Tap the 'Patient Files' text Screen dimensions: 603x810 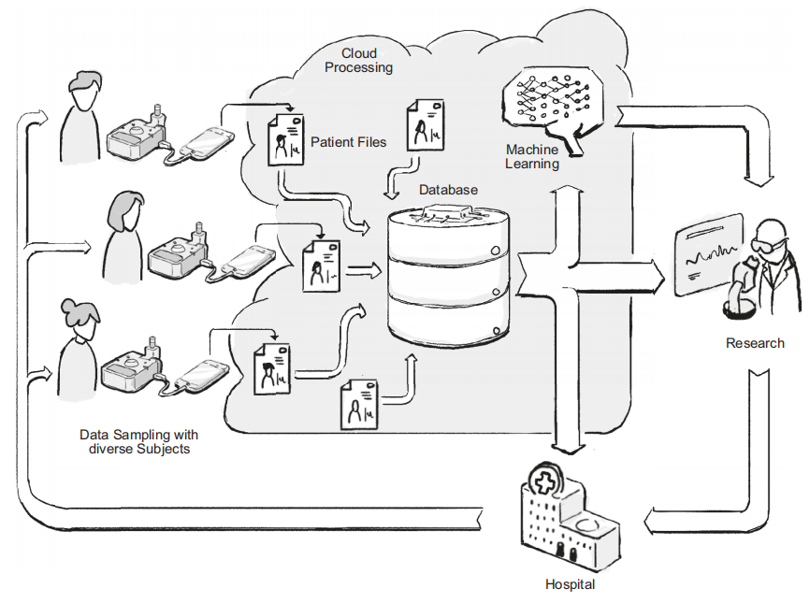pyautogui.click(x=348, y=142)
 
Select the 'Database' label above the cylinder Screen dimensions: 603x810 pyautogui.click(x=448, y=190)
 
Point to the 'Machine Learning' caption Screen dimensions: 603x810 pyautogui.click(x=532, y=157)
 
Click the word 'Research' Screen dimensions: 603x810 pyautogui.click(x=755, y=343)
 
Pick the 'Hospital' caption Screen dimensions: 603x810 pyautogui.click(x=570, y=584)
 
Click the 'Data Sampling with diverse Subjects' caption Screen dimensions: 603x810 pyautogui.click(x=138, y=441)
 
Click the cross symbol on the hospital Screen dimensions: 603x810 pyautogui.click(x=542, y=483)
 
